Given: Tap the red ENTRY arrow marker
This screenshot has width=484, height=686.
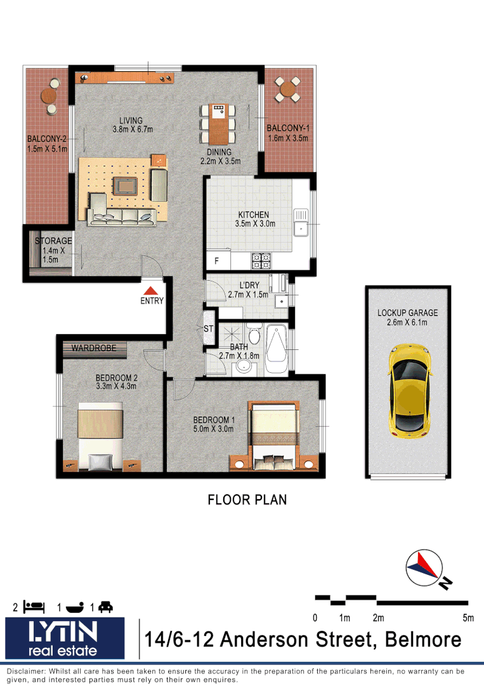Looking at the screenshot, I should [152, 290].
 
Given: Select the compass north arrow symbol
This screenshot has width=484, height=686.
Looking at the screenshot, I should [424, 568].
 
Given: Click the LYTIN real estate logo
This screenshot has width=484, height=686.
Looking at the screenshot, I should [63, 638].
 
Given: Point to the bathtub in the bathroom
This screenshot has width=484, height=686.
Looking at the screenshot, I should [277, 349].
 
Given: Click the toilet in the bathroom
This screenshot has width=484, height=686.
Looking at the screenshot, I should [254, 335].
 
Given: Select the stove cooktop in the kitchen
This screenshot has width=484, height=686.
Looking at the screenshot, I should [261, 260].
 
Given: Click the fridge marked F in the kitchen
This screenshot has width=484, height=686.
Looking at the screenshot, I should [217, 261].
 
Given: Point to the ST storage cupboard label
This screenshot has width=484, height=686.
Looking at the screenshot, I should [208, 328].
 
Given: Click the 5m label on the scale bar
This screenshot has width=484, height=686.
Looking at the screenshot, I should [468, 618].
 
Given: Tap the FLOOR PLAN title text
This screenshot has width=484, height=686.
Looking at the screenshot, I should [247, 500].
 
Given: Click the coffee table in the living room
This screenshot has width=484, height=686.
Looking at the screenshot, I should [124, 186].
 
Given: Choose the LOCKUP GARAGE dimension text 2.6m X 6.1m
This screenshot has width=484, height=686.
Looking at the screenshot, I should [407, 323].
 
